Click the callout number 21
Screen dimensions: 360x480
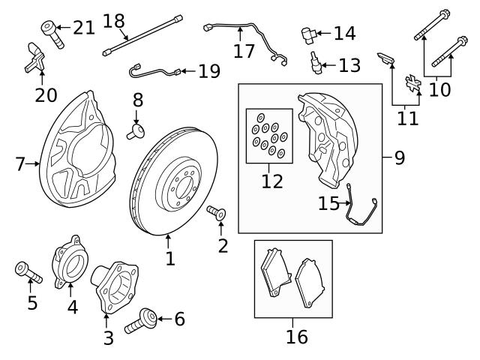pyautogui.click(x=84, y=28)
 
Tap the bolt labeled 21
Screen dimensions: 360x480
pyautogui.click(x=49, y=32)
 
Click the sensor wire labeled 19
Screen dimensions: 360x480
pyautogui.click(x=154, y=72)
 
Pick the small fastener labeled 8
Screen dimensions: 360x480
pyautogui.click(x=137, y=131)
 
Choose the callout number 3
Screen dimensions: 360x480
pyautogui.click(x=108, y=337)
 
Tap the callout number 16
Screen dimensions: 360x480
pyautogui.click(x=297, y=337)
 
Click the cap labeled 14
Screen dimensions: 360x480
pyautogui.click(x=307, y=33)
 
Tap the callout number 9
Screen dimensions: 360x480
pyautogui.click(x=399, y=157)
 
